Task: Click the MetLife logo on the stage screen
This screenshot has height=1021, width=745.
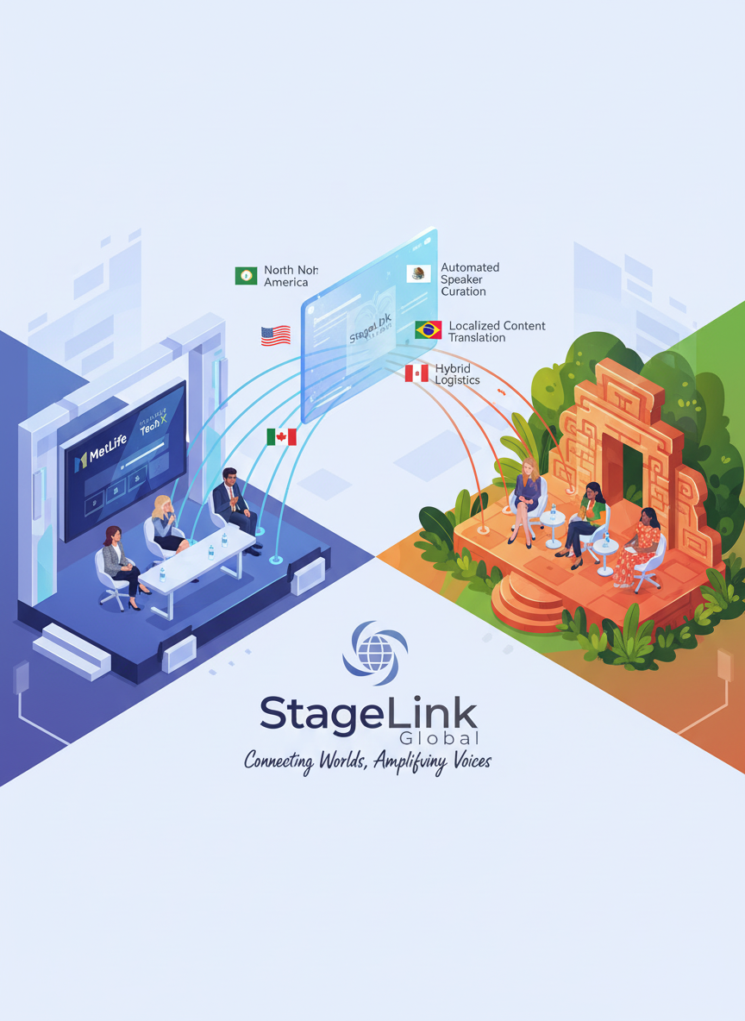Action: point(102,456)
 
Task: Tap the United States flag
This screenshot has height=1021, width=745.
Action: point(275,335)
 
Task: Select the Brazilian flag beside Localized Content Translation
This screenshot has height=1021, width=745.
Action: point(428,329)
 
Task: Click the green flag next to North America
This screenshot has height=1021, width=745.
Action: point(246,275)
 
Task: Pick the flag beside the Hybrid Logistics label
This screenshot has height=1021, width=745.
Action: point(416,373)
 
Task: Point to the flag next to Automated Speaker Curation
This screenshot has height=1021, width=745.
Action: point(418,273)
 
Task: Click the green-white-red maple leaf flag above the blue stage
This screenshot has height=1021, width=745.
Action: point(281,437)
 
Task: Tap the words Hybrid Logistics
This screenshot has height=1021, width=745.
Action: point(457,373)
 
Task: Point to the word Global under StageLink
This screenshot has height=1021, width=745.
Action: point(439,738)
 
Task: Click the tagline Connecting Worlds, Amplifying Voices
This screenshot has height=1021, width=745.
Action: point(367,761)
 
